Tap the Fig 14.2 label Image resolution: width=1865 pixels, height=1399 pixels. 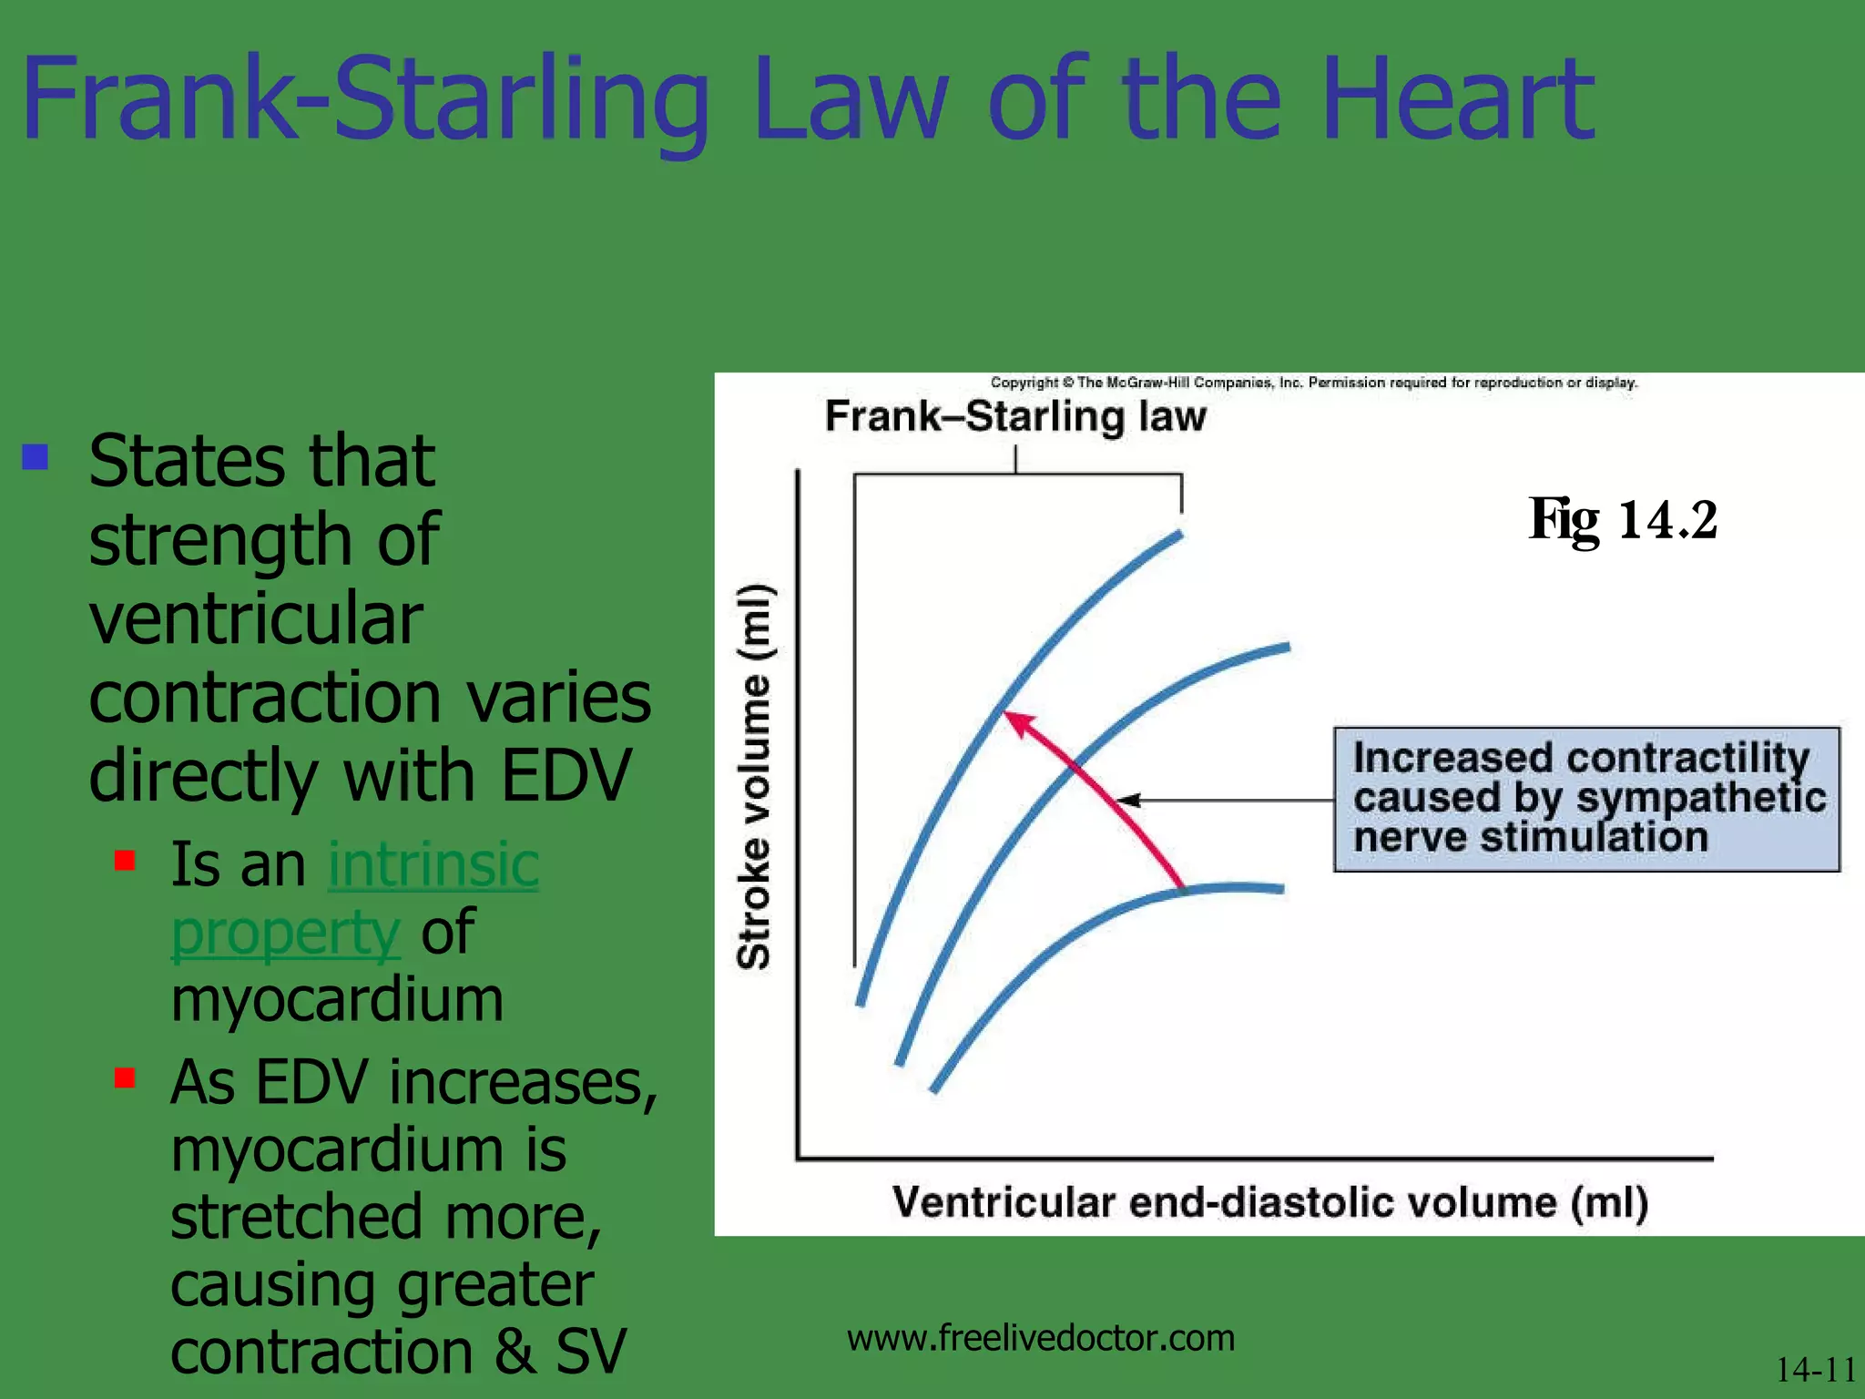tap(1623, 520)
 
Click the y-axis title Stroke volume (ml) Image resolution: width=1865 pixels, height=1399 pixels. tap(754, 776)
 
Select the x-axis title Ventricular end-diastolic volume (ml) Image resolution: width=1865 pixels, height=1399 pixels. tap(1269, 1202)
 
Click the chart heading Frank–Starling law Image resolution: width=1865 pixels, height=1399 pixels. tap(1014, 416)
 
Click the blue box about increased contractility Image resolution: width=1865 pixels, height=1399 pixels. tap(1586, 799)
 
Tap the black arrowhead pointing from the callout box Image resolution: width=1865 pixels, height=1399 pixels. tap(1129, 801)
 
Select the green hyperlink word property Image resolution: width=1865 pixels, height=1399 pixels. tap(286, 932)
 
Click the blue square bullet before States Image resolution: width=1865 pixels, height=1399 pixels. tap(36, 456)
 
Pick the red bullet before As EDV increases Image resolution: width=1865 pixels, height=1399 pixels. tap(125, 1078)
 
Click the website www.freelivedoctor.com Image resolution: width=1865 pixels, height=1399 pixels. tap(1040, 1338)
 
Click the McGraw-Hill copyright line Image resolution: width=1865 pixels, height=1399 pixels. tap(1313, 383)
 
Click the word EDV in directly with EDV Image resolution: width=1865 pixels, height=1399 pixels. tap(566, 776)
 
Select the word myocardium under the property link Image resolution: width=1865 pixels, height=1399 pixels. tap(337, 1000)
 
